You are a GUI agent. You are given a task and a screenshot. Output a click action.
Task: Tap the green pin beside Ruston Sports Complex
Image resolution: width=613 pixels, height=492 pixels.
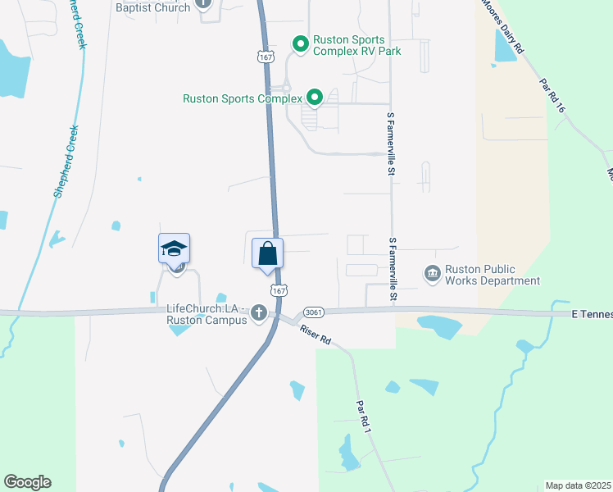[313, 98]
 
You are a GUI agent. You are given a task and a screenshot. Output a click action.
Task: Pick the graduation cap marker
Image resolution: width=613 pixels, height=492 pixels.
[174, 248]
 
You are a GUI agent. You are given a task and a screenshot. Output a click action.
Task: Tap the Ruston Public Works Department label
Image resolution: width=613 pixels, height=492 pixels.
[492, 275]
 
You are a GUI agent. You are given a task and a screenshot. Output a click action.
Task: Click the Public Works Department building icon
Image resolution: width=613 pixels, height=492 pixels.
[431, 271]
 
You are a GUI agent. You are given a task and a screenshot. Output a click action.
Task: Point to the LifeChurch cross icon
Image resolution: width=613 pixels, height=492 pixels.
[259, 312]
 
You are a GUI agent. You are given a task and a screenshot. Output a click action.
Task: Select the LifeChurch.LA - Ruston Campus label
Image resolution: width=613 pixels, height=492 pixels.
[206, 314]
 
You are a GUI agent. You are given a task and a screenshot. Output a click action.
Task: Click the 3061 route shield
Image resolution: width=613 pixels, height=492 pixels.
[312, 312]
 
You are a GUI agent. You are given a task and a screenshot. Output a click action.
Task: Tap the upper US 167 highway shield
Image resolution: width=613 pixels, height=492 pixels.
[265, 57]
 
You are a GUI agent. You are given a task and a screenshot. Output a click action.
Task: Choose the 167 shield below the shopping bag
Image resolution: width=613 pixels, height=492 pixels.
[279, 291]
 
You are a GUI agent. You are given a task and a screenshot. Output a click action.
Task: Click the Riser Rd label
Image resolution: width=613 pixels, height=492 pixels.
[315, 334]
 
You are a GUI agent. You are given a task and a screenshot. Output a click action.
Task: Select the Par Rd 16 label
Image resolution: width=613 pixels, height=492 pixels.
[553, 95]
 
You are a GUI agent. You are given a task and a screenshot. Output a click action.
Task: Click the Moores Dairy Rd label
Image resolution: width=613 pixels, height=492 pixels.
[502, 27]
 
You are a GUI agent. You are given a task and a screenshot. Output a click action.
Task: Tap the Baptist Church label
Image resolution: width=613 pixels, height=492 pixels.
[153, 7]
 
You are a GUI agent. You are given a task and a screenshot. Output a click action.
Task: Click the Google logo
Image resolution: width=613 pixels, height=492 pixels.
[27, 482]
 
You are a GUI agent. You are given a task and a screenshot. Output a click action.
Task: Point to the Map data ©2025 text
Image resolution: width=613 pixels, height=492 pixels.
[578, 485]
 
